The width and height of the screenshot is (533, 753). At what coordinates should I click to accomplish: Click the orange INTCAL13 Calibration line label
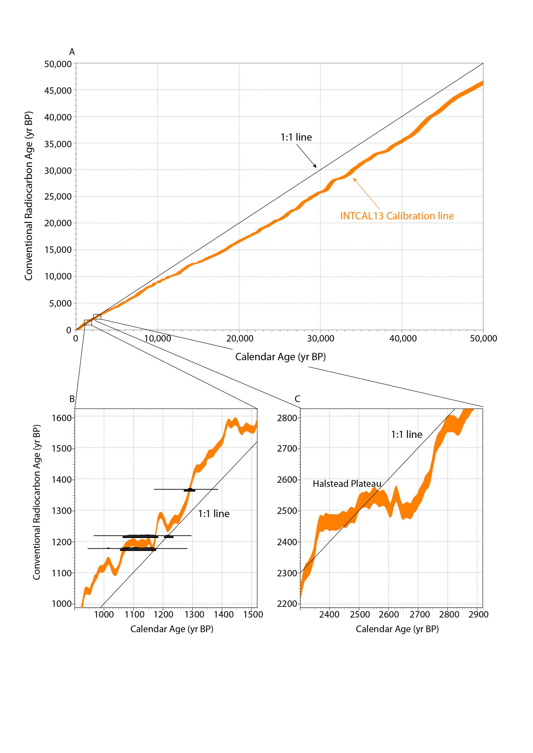[397, 216]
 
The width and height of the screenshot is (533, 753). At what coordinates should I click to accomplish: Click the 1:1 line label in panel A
[296, 137]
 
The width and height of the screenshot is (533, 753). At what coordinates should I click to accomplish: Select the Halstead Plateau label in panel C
[347, 483]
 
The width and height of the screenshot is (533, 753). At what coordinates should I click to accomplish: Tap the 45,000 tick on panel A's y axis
[58, 90]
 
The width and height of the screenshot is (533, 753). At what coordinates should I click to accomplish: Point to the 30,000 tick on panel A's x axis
[321, 338]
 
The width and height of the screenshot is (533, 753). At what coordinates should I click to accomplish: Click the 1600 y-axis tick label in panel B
[61, 418]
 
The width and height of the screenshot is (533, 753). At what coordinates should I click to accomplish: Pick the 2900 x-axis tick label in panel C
[478, 614]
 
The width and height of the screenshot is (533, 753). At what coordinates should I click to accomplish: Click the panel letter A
[72, 52]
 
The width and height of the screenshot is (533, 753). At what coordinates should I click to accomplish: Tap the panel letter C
[297, 399]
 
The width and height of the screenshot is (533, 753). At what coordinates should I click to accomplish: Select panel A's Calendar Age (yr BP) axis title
[280, 357]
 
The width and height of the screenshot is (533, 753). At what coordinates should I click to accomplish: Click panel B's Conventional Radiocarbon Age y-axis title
[36, 502]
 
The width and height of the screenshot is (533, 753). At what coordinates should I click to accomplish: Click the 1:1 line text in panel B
[213, 514]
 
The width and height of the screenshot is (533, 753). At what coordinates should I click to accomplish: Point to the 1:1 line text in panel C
[406, 435]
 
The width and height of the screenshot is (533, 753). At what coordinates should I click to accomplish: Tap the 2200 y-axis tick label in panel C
[287, 604]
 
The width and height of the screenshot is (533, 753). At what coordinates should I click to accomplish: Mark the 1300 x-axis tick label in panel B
[194, 614]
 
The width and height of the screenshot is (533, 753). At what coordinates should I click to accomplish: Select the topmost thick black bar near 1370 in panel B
[189, 490]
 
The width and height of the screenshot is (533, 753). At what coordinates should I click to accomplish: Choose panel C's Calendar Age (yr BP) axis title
[397, 629]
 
